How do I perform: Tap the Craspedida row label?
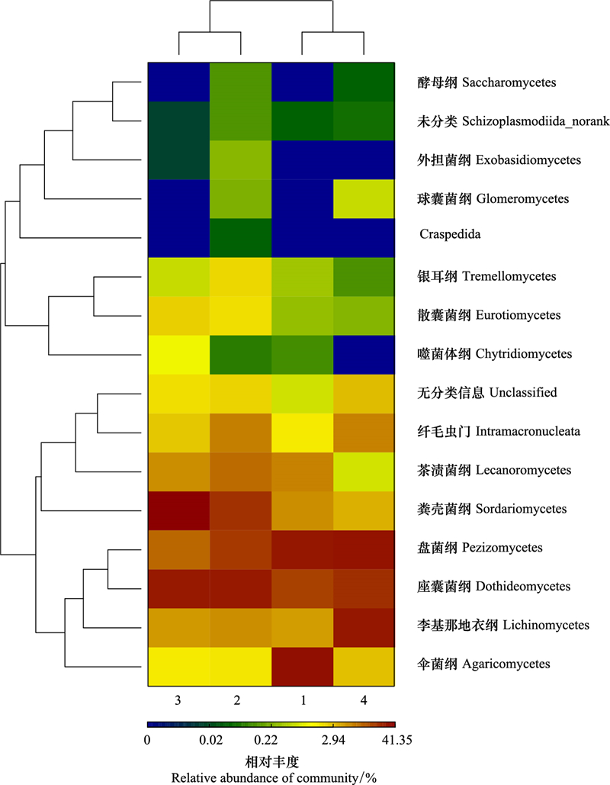pos(450,234)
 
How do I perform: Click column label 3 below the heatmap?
pos(178,700)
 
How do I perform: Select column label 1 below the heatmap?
pos(303,700)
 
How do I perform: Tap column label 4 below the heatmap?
pos(364,700)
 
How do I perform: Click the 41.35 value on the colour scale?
pos(396,740)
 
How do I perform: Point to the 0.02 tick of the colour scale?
pos(210,740)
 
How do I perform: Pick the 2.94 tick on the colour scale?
pos(333,740)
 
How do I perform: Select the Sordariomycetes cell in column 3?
pos(178,511)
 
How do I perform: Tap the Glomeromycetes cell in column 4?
pos(364,199)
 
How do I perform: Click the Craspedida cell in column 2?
pos(241,238)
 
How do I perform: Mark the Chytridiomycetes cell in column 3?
pos(178,355)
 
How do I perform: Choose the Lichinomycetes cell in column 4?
pos(364,628)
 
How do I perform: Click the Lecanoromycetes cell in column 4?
pos(364,472)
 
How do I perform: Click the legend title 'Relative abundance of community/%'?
pos(274,777)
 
